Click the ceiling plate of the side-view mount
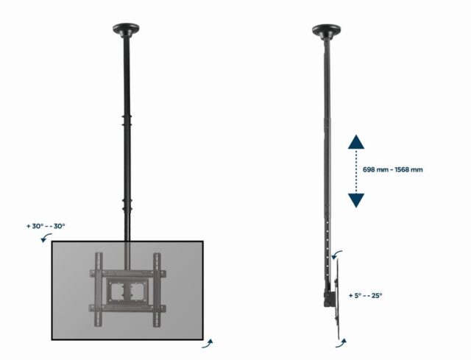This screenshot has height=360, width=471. pyautogui.click(x=326, y=30)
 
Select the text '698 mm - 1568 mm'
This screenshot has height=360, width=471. pyautogui.click(x=393, y=169)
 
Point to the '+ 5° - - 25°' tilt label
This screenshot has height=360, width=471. pyautogui.click(x=365, y=295)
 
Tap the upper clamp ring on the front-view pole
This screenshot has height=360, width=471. pyautogui.click(x=127, y=119)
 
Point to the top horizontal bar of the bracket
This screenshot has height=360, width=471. pyautogui.click(x=127, y=273)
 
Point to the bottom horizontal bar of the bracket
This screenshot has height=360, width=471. pyautogui.click(x=127, y=308)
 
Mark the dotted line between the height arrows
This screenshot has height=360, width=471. pyautogui.click(x=356, y=172)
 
